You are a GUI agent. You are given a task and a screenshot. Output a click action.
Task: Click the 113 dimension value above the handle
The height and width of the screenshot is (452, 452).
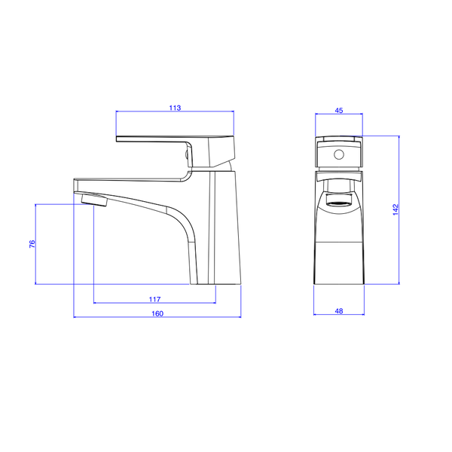click(x=175, y=108)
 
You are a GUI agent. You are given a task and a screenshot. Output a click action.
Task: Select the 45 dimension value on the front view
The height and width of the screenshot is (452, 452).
click(x=339, y=110)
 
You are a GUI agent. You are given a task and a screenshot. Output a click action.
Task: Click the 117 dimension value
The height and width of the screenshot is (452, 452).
click(x=155, y=298)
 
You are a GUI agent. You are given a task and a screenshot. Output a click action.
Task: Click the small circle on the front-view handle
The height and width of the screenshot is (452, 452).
click(x=338, y=156)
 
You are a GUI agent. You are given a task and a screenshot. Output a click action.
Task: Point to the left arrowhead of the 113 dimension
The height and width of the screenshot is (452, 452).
click(x=118, y=113)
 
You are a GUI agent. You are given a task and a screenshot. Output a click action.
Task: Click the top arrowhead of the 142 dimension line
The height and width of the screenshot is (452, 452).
click(x=399, y=136)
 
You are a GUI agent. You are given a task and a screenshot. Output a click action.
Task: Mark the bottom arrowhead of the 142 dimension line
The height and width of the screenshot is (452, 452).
click(x=399, y=283)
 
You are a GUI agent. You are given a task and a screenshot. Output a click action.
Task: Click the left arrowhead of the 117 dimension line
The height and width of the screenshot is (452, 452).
click(x=95, y=302)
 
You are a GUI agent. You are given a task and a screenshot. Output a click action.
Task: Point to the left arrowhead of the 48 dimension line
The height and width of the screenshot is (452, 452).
click(x=316, y=315)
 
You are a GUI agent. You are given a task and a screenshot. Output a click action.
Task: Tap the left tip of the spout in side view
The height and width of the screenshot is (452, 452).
click(x=74, y=184)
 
